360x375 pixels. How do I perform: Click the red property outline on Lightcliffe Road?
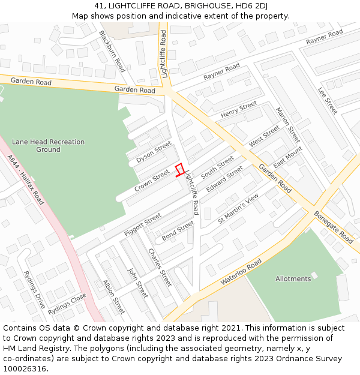tap(179, 170)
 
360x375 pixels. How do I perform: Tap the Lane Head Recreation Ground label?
tap(49, 146)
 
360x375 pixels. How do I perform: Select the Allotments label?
tap(293, 278)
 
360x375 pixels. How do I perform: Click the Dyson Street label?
tap(154, 152)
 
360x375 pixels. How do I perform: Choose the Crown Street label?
tap(152, 181)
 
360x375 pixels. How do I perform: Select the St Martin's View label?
tap(238, 209)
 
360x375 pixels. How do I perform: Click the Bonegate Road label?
tap(334, 226)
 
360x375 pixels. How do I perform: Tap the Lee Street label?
tap(328, 100)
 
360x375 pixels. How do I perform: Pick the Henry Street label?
tap(238, 110)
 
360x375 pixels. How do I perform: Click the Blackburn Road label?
tap(112, 51)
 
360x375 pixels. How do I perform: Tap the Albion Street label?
tap(113, 296)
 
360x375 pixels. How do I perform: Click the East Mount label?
tap(288, 160)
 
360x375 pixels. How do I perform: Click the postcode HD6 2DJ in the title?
tap(252, 6)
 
